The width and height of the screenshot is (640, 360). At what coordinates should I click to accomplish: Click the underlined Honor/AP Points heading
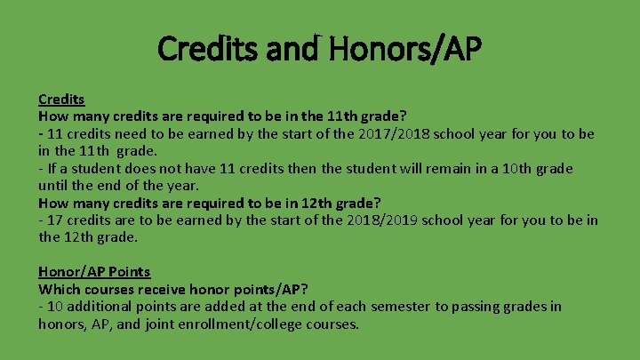(x=94, y=272)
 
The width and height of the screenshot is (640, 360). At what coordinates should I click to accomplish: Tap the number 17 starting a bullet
(x=55, y=220)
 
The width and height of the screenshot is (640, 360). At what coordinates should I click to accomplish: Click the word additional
(x=100, y=307)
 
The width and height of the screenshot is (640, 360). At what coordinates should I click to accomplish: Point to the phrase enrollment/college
(x=232, y=324)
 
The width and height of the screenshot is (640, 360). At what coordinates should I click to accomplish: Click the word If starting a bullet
(x=52, y=168)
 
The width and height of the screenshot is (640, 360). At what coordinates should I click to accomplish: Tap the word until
(x=54, y=186)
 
